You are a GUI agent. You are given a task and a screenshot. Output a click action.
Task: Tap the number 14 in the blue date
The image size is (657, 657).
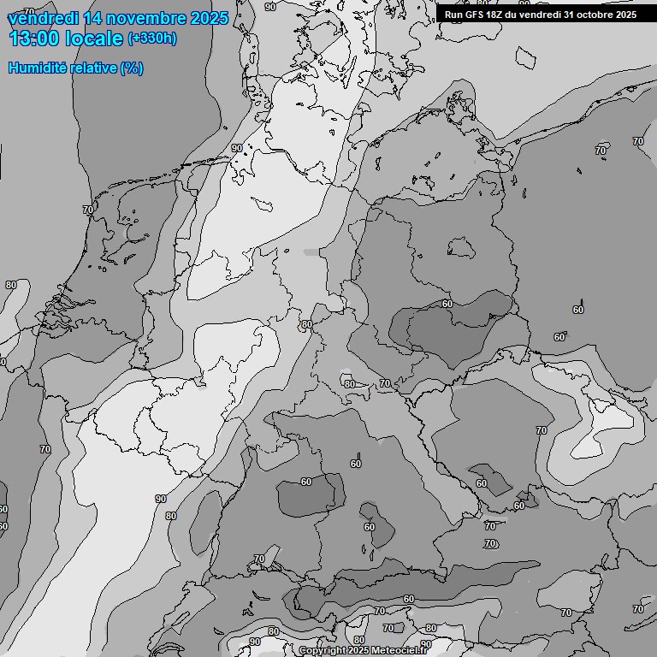(97, 18)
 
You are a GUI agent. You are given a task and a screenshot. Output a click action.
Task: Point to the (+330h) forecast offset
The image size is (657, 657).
(151, 38)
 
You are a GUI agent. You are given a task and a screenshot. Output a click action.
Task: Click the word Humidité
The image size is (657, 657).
(33, 68)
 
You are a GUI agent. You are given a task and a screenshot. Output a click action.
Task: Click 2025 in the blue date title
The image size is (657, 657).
(209, 18)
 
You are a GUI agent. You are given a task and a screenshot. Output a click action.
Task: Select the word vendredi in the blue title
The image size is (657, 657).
(43, 18)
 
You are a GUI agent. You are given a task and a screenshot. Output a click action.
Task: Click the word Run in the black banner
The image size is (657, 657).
(453, 15)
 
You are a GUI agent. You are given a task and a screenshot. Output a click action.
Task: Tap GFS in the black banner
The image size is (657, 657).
(475, 15)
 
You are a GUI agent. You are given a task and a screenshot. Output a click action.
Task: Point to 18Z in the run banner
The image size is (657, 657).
(497, 15)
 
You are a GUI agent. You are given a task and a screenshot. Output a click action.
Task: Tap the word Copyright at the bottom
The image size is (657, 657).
(323, 651)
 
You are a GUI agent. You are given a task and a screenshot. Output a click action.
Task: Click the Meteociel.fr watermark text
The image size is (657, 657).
(405, 651)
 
